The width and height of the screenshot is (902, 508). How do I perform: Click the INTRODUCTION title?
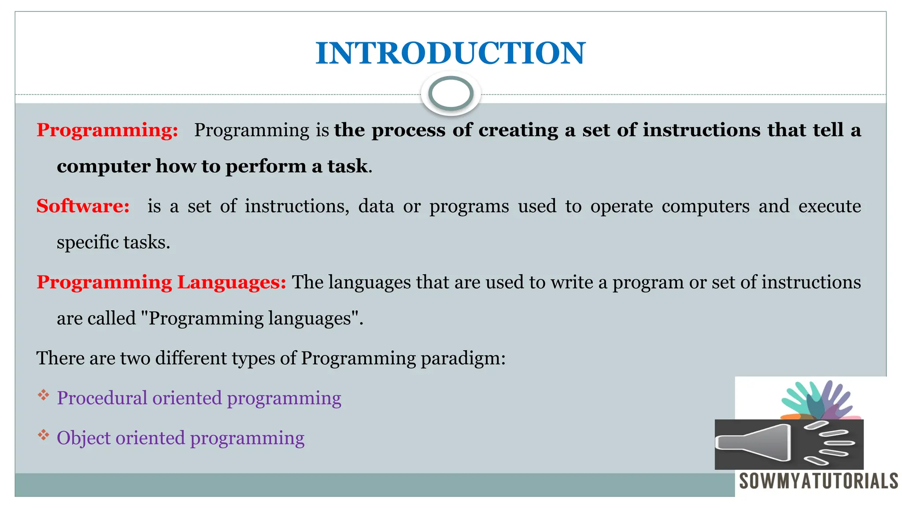(x=451, y=53)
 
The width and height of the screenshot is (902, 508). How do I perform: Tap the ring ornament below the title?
(x=451, y=93)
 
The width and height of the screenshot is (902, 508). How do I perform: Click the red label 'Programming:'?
(x=107, y=130)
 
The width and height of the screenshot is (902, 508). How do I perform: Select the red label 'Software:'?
(x=83, y=206)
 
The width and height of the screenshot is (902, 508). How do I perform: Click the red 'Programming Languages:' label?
(x=161, y=282)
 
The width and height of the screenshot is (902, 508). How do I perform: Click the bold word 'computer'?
(x=104, y=166)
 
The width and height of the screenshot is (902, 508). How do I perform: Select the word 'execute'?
(x=829, y=206)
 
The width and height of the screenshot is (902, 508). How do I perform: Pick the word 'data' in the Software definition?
(x=376, y=206)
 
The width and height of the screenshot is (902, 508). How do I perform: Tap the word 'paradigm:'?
(x=463, y=358)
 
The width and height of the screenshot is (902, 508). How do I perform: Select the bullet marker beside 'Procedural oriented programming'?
(x=43, y=395)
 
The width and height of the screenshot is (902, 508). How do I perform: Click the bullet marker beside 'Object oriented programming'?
(x=43, y=435)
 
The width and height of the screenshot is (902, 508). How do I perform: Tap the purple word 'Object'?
(x=84, y=438)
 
